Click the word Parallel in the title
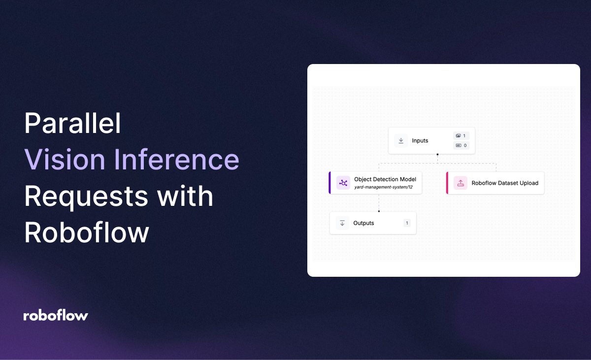click(72, 124)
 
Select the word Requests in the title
click(85, 196)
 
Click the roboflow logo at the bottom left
click(56, 316)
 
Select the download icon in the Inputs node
click(401, 141)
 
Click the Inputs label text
click(420, 141)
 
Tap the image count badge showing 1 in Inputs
click(461, 136)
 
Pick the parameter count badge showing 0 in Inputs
click(461, 145)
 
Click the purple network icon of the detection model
click(343, 183)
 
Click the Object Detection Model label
click(385, 179)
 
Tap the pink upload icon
click(460, 183)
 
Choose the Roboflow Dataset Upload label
click(505, 183)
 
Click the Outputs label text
click(363, 223)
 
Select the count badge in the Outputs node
click(407, 223)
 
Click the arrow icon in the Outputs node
click(342, 223)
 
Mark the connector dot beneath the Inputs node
click(437, 155)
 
